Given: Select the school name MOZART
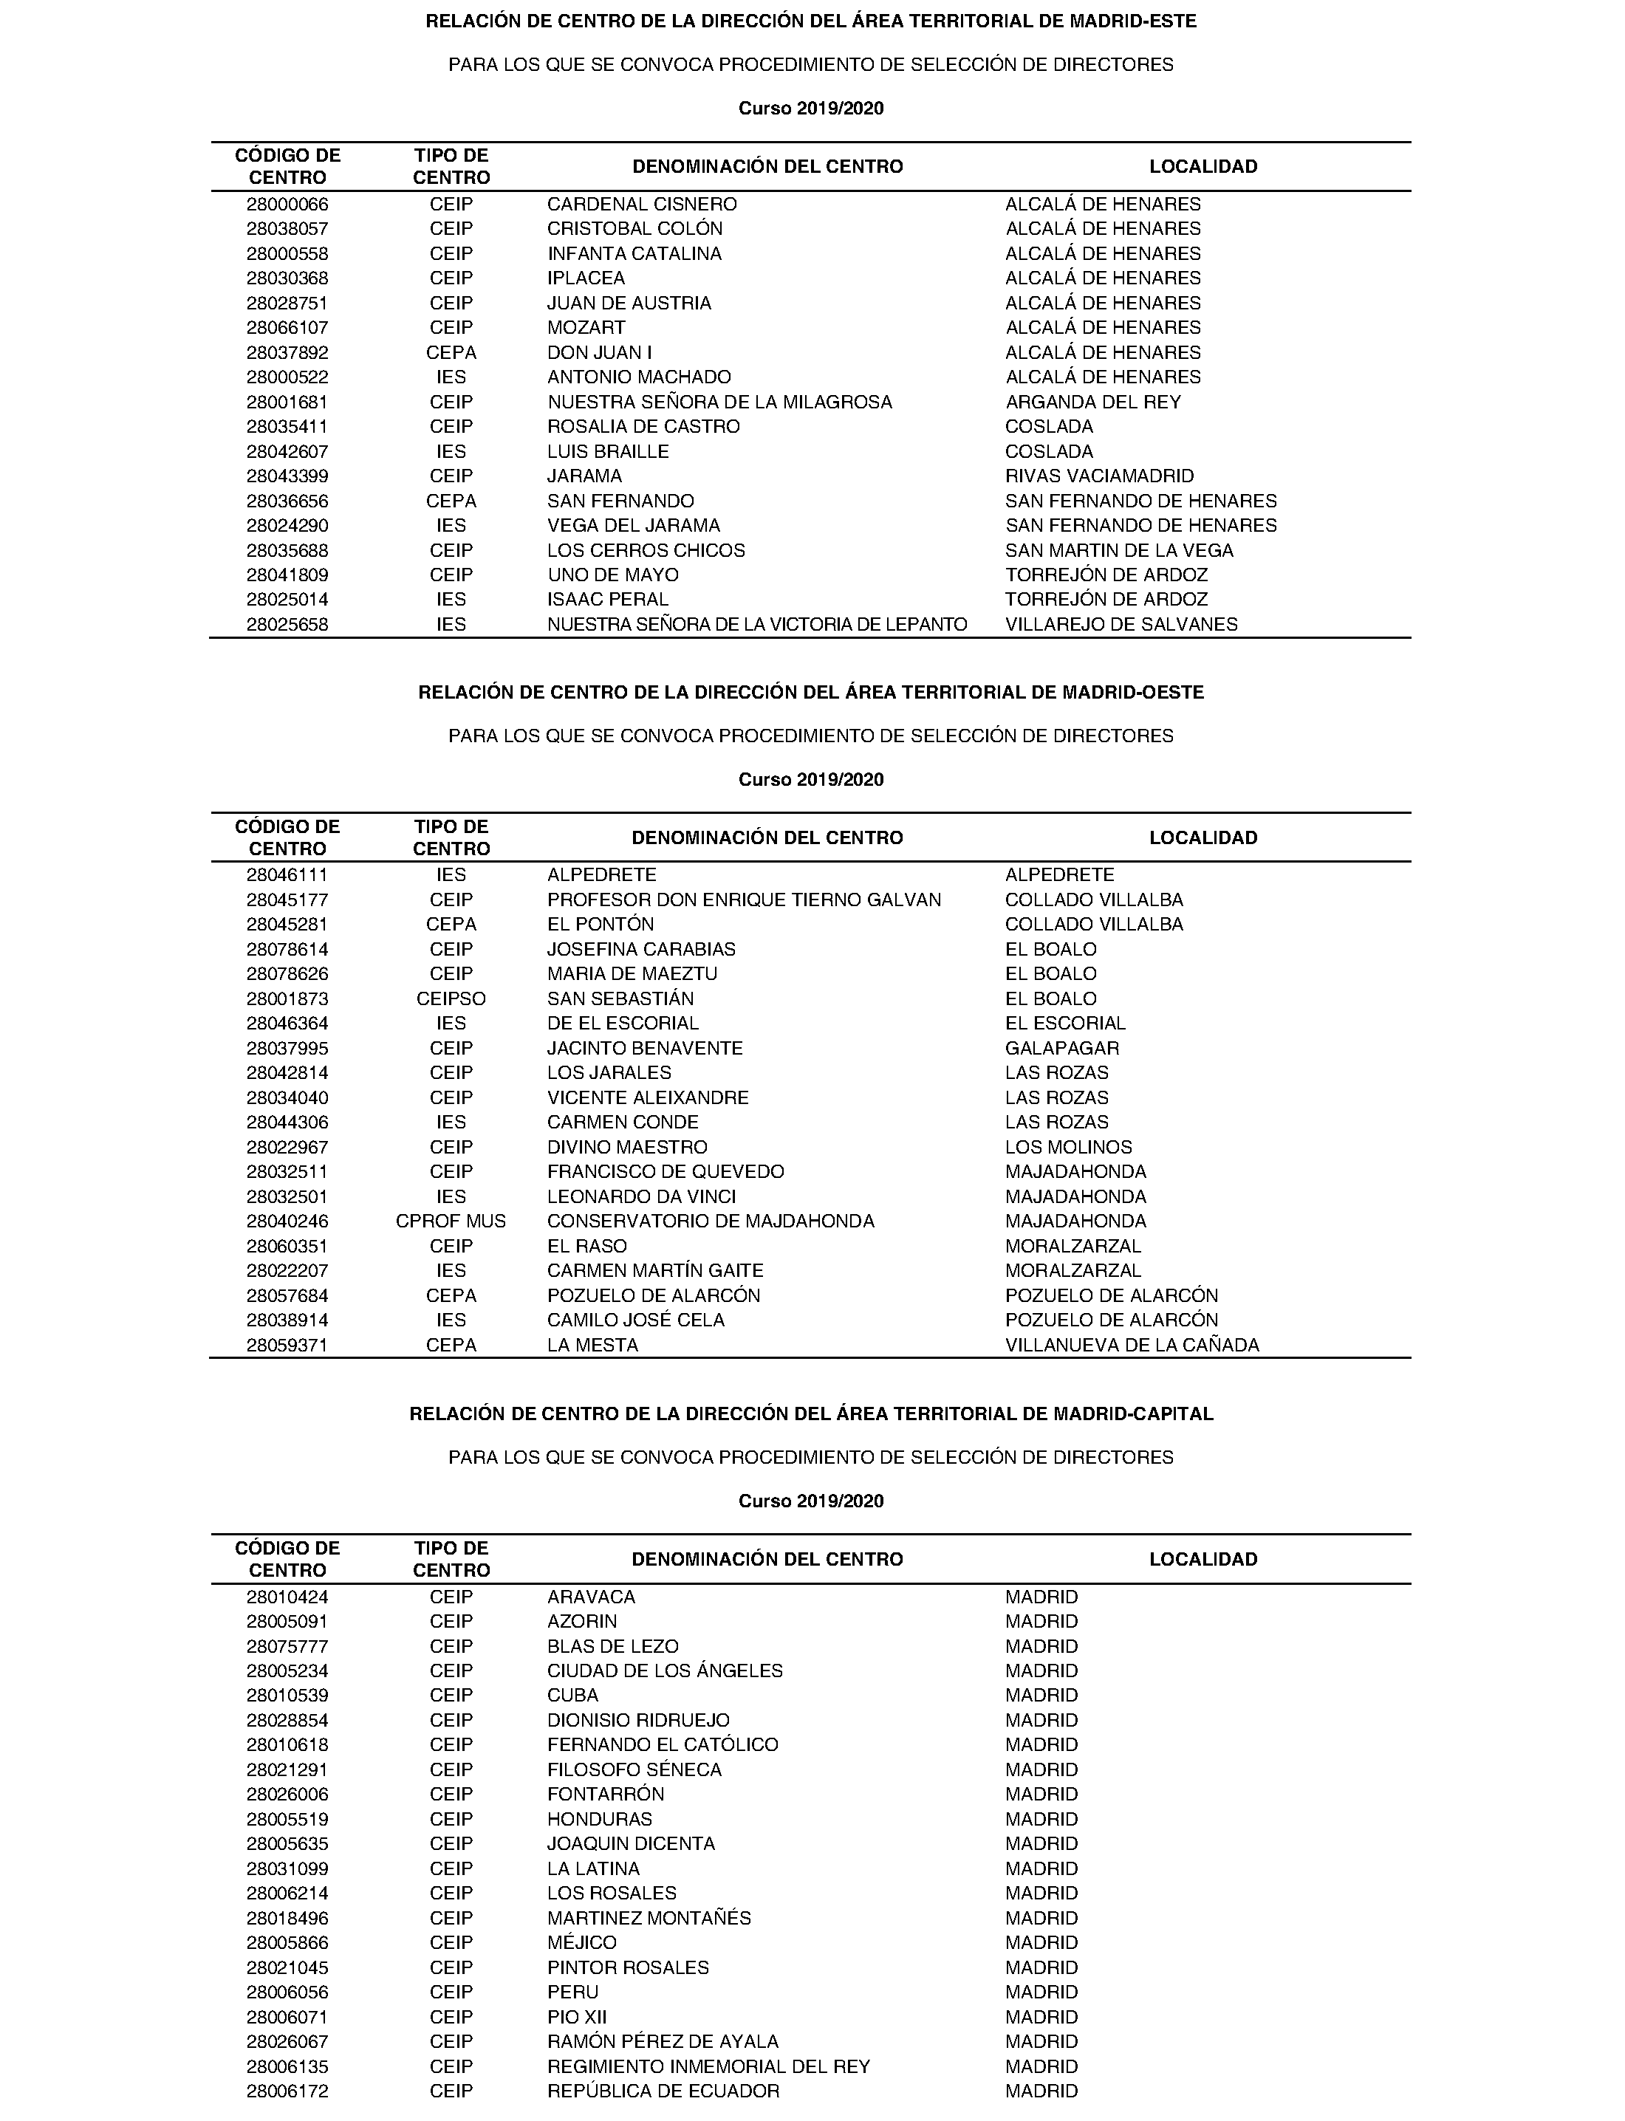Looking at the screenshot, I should click(x=586, y=328).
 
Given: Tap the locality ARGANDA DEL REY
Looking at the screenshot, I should click(x=1093, y=402).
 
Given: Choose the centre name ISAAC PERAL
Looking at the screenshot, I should click(x=607, y=600).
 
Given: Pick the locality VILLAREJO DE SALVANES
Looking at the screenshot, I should click(x=1121, y=625).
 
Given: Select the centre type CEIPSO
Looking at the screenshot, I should click(x=451, y=999).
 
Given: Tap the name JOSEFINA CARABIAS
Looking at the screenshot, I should click(x=641, y=950).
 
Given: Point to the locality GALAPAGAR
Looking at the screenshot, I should click(x=1062, y=1049).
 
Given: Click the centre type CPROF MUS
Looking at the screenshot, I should click(x=451, y=1221).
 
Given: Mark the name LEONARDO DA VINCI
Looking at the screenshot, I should click(x=641, y=1197).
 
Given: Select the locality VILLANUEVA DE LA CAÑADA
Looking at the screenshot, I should click(x=1132, y=1346).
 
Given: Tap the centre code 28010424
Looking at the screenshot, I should click(x=287, y=1597).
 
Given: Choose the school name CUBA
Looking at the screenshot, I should click(x=572, y=1696).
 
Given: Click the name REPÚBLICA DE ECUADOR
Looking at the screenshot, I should click(x=663, y=2091).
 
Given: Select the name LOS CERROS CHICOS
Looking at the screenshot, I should click(x=646, y=550).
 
